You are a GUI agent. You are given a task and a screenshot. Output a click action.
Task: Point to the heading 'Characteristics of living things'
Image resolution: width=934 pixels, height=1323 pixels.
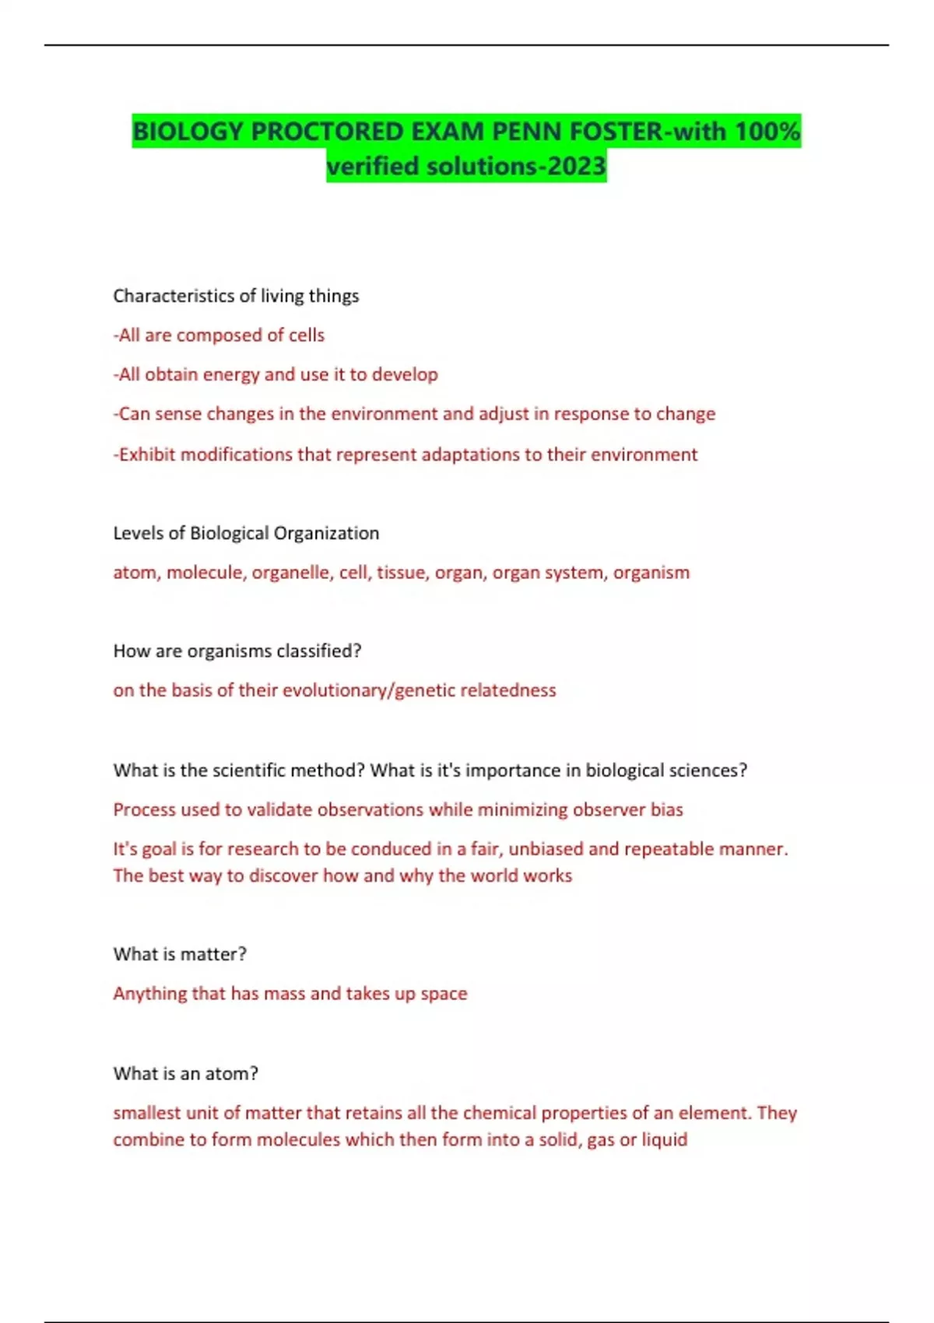236,296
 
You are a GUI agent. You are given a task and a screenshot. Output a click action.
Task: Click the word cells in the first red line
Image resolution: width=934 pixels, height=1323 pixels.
307,335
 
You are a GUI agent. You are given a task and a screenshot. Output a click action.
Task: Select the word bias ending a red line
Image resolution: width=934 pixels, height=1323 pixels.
666,809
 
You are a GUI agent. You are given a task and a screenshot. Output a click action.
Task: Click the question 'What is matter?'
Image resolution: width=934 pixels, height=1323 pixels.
180,954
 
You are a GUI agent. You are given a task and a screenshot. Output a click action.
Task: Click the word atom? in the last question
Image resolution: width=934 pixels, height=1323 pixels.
231,1074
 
